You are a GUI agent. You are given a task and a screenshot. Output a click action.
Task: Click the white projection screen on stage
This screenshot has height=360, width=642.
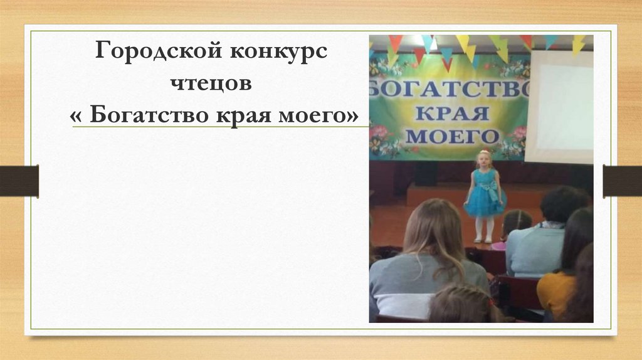point(559,107)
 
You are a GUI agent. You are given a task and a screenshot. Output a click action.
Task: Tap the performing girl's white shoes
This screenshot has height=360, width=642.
point(483,238)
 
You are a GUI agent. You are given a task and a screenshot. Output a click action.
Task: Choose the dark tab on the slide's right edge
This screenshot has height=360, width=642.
point(623,181)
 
